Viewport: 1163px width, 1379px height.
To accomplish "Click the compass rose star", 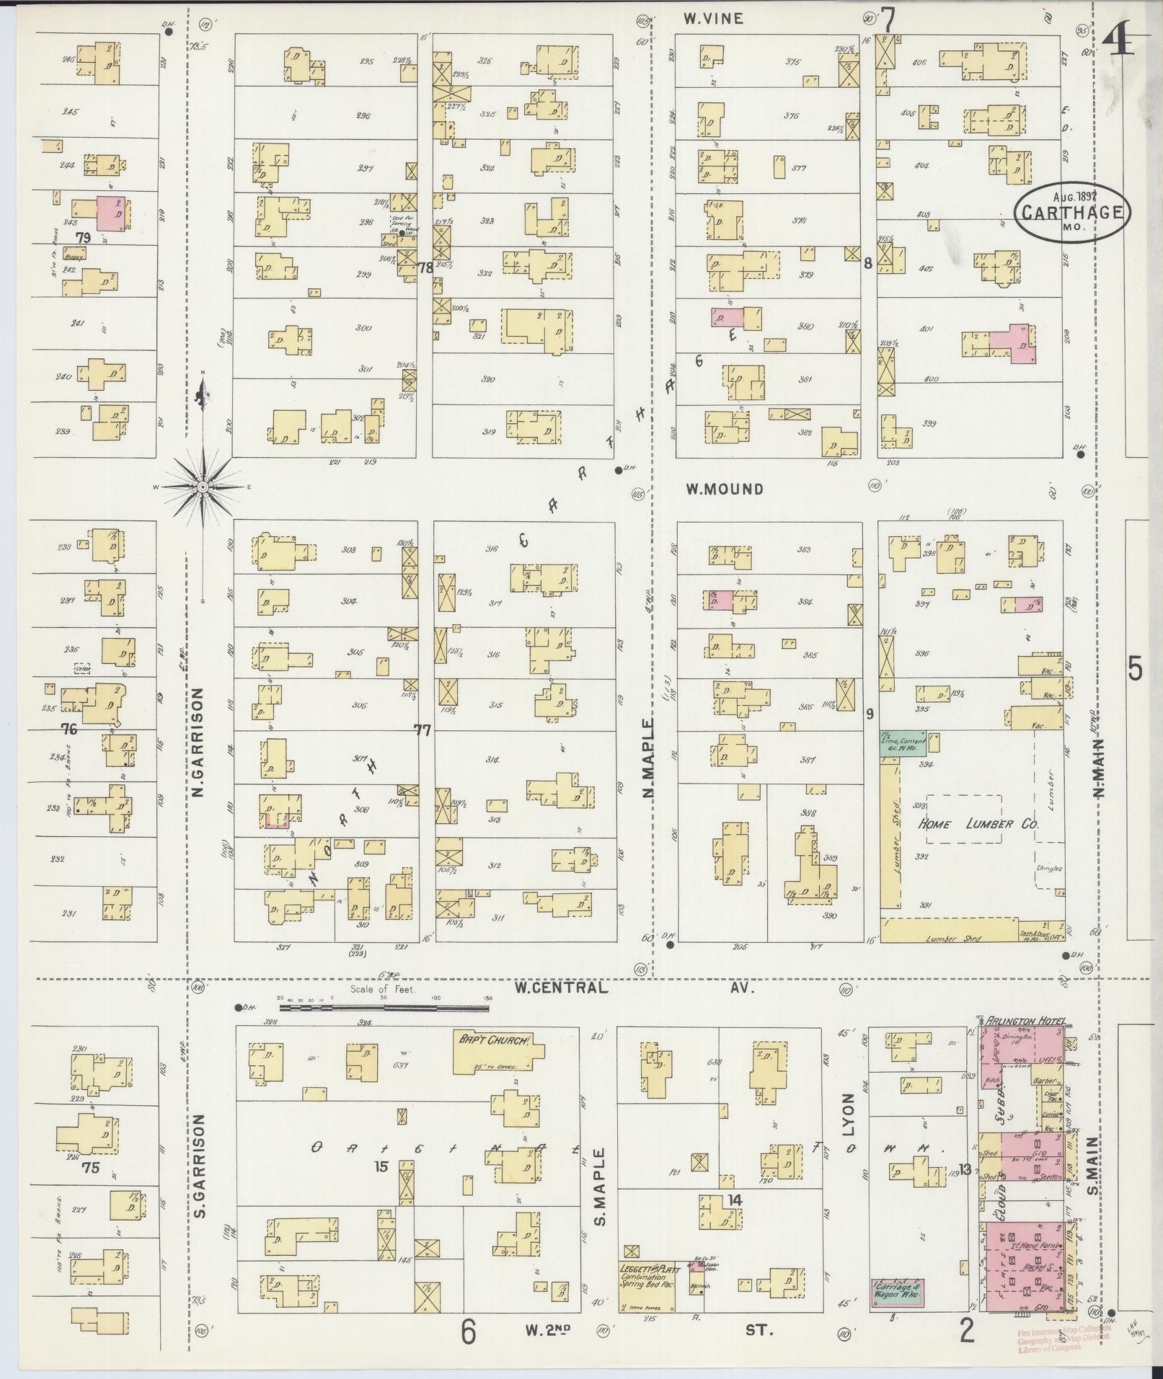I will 203,487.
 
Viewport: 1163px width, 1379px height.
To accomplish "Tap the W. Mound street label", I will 724,489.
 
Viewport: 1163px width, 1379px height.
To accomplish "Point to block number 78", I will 425,267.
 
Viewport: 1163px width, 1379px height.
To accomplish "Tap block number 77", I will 423,731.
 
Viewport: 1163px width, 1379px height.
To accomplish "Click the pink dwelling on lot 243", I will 111,213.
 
